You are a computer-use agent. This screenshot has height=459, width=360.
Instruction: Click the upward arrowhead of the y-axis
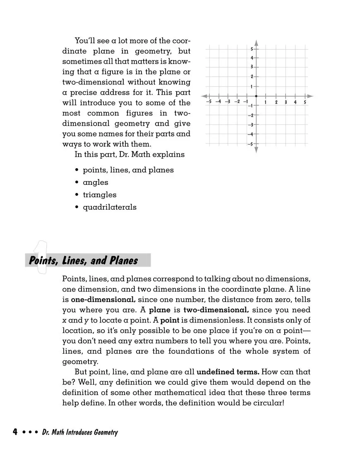[x=256, y=43]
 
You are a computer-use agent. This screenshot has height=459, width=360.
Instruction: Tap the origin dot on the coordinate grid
[x=256, y=96]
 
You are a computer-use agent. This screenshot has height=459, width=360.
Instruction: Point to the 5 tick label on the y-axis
[x=252, y=49]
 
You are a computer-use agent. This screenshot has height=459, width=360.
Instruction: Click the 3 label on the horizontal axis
[x=286, y=102]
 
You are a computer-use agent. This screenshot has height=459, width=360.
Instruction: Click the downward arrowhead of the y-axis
[x=256, y=150]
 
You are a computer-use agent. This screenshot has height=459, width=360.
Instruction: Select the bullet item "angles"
[x=96, y=182]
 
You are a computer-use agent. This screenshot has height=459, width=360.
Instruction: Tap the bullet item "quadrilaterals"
[x=109, y=207]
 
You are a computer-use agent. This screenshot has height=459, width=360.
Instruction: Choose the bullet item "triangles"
[x=100, y=195]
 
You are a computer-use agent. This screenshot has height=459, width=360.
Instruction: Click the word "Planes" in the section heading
[x=123, y=261]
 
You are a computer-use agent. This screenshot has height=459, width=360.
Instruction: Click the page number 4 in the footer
[x=14, y=433]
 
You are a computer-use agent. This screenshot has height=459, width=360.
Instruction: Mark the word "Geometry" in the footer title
[x=105, y=433]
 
